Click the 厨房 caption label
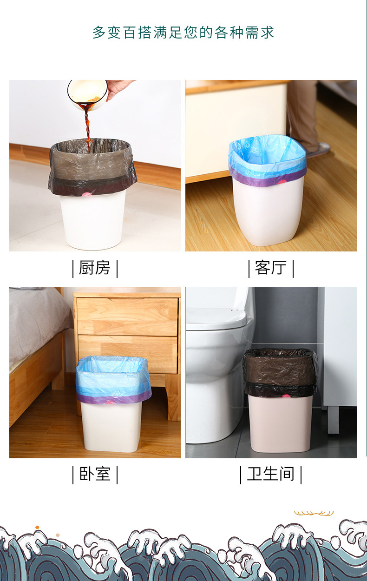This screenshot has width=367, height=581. pyautogui.click(x=95, y=268)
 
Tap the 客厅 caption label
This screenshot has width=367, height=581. pyautogui.click(x=271, y=268)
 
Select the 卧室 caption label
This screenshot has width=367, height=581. pyautogui.click(x=95, y=474)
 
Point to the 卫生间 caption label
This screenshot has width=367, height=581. pyautogui.click(x=271, y=474)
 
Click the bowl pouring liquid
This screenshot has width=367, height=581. pyautogui.click(x=87, y=94)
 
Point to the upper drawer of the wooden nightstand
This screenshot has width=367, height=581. pyautogui.click(x=127, y=316)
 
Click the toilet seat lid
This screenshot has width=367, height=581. pyautogui.click(x=216, y=319)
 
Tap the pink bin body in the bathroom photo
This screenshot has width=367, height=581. pyautogui.click(x=280, y=423)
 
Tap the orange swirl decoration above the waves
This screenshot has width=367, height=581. pyautogui.click(x=314, y=513)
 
